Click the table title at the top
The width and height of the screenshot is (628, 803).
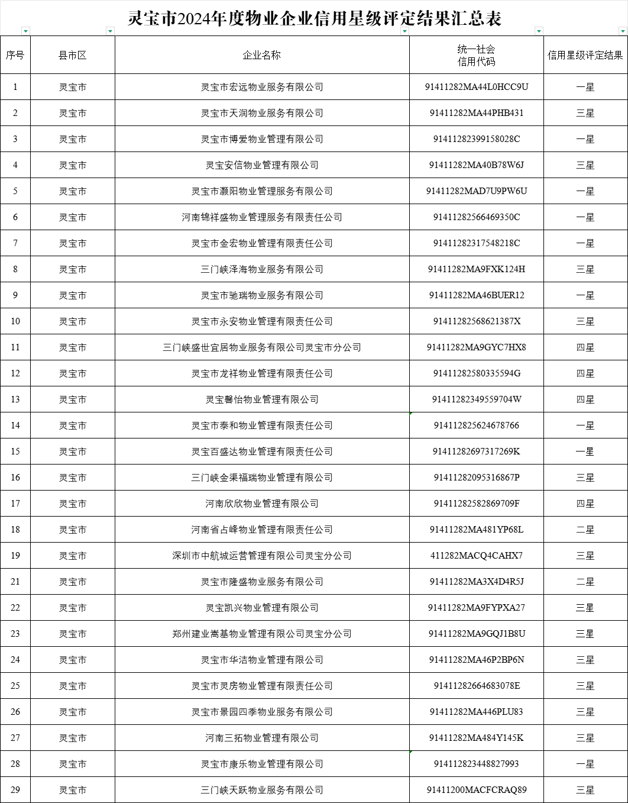(314, 18)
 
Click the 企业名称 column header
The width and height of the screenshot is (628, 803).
(261, 55)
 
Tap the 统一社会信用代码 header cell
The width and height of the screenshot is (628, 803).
(476, 55)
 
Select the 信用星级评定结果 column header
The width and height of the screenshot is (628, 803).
(585, 55)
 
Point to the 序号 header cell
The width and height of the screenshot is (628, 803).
(15, 55)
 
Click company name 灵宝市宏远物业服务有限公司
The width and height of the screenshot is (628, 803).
(261, 87)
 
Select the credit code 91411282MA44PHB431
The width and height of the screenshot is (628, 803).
(476, 113)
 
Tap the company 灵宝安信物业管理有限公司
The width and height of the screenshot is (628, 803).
(261, 165)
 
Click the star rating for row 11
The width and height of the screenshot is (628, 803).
(585, 347)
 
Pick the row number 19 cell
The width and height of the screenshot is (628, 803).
(15, 556)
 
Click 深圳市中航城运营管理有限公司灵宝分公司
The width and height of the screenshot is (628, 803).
(261, 556)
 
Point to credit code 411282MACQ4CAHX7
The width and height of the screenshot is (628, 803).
(476, 556)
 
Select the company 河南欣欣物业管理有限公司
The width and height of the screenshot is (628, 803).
(261, 504)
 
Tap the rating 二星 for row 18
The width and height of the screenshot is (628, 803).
(585, 530)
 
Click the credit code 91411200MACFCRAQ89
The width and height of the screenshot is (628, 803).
(476, 790)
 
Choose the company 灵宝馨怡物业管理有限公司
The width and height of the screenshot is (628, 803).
(261, 399)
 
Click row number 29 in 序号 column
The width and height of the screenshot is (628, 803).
(15, 790)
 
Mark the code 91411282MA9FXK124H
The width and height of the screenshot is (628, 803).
(476, 269)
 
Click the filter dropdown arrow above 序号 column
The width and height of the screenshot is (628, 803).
(25, 31)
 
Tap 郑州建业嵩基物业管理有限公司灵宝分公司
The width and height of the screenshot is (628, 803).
(261, 634)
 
